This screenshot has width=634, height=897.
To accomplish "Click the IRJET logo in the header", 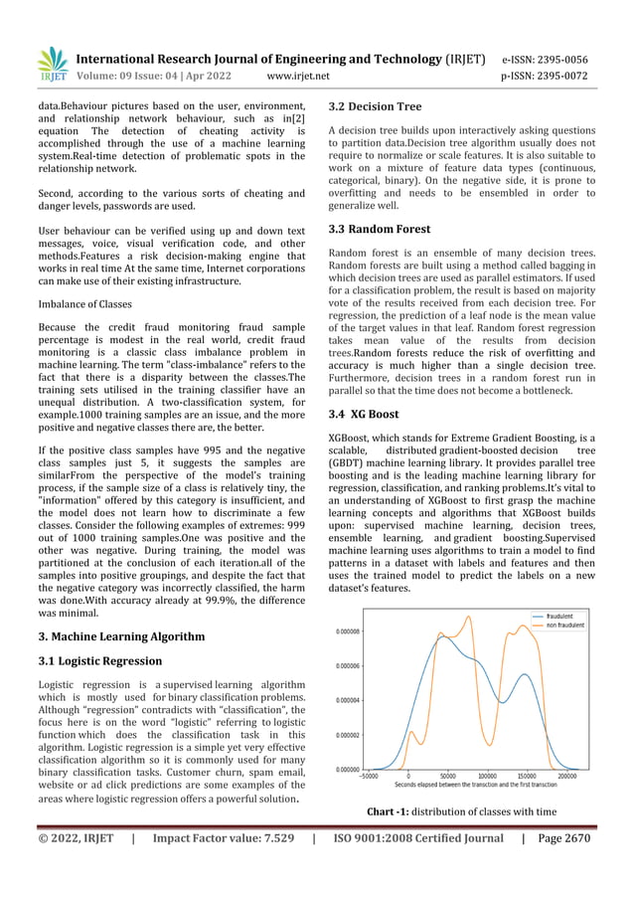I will pyautogui.click(x=51, y=65).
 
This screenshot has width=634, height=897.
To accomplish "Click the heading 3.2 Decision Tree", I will pyautogui.click(x=375, y=106).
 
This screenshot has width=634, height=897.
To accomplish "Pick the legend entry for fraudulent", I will pyautogui.click(x=560, y=616).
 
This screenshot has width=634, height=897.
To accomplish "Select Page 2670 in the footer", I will pyautogui.click(x=562, y=838).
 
